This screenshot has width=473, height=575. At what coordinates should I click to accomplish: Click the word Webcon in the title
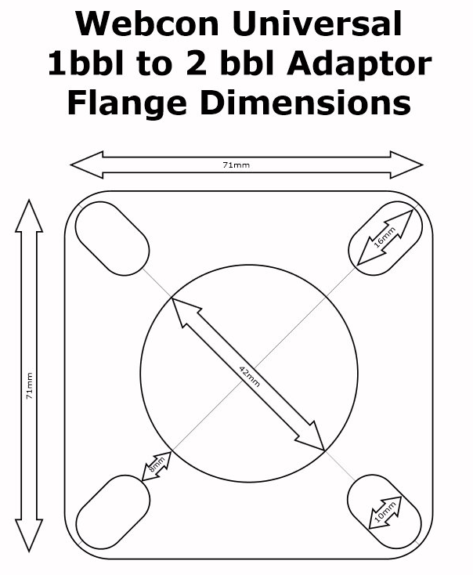point(147,23)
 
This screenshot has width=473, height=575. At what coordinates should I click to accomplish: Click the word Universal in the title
point(317,23)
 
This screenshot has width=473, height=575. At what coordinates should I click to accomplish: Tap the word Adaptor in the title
point(359,63)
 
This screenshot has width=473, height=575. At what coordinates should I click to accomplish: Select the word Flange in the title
point(127,103)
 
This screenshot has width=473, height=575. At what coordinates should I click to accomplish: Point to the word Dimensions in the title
point(305,103)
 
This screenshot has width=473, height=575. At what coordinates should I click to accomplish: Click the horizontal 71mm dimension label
point(236,165)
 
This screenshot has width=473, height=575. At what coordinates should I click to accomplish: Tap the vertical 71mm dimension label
point(29,385)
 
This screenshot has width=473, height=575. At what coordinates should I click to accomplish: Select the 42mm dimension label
point(249,376)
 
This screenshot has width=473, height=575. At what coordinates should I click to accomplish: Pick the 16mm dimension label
point(385,237)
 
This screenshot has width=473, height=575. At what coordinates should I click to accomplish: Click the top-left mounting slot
point(112,238)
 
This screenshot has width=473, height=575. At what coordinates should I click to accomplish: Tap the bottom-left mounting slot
point(113,512)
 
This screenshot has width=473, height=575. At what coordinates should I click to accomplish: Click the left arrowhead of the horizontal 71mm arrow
point(86,165)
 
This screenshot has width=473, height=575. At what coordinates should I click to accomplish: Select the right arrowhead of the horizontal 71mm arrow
point(407,165)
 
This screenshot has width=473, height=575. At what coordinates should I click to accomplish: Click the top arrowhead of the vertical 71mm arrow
point(29,216)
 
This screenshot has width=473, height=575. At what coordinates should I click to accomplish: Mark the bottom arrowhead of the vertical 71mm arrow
point(29,535)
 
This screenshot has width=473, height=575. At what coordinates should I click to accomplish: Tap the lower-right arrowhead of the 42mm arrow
point(312,437)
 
